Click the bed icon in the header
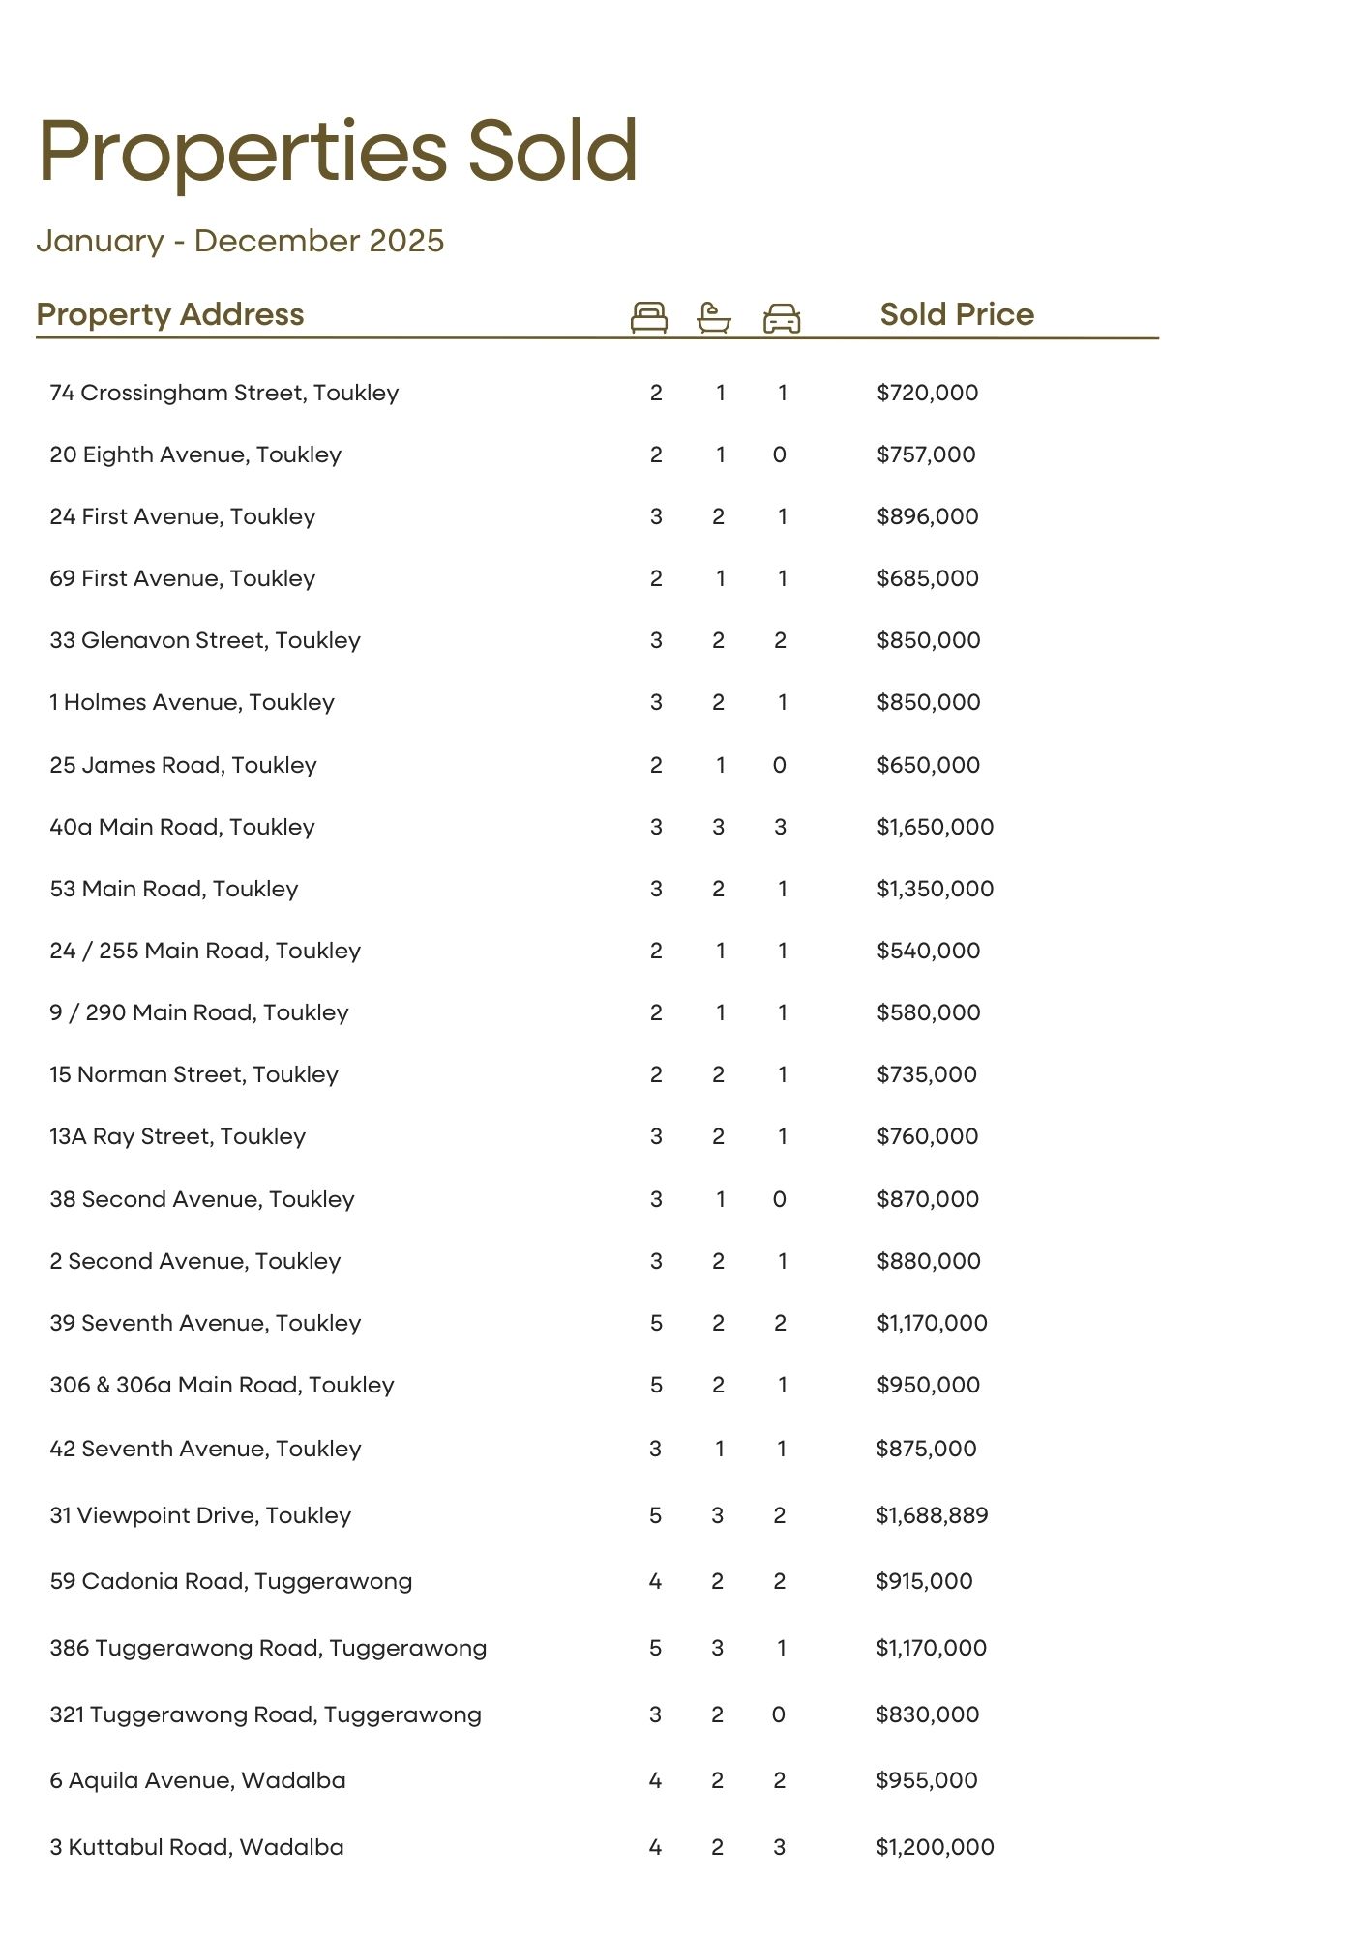(x=648, y=317)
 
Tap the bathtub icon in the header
(x=713, y=317)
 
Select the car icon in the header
(x=782, y=317)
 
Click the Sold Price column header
(x=956, y=314)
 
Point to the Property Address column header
(x=169, y=314)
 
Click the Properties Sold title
(x=338, y=151)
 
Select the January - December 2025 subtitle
(x=240, y=241)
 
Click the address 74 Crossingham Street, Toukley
(x=223, y=393)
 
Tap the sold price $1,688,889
(x=932, y=1515)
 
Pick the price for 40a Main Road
(x=935, y=827)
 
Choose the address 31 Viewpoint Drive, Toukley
(x=200, y=1515)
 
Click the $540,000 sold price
(x=928, y=951)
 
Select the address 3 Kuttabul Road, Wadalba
(x=196, y=1847)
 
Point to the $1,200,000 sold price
(x=935, y=1847)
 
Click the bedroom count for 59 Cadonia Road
(x=655, y=1581)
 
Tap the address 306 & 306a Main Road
(x=222, y=1385)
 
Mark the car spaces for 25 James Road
(x=780, y=765)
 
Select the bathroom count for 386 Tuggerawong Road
(x=717, y=1648)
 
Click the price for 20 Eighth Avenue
(x=926, y=454)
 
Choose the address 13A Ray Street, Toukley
(x=177, y=1136)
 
